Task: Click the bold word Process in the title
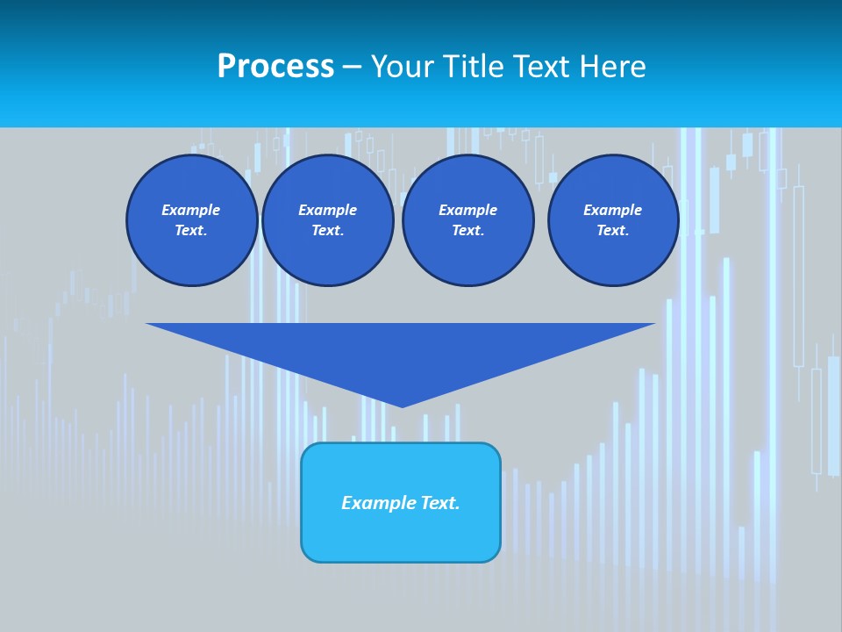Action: point(275,67)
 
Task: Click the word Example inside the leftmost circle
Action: point(191,210)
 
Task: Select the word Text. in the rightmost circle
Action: point(612,230)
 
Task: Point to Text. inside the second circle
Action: point(327,230)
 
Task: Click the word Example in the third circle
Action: point(467,210)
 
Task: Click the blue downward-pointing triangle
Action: point(401,351)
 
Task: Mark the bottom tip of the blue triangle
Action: point(402,405)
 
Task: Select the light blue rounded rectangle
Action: point(401,535)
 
